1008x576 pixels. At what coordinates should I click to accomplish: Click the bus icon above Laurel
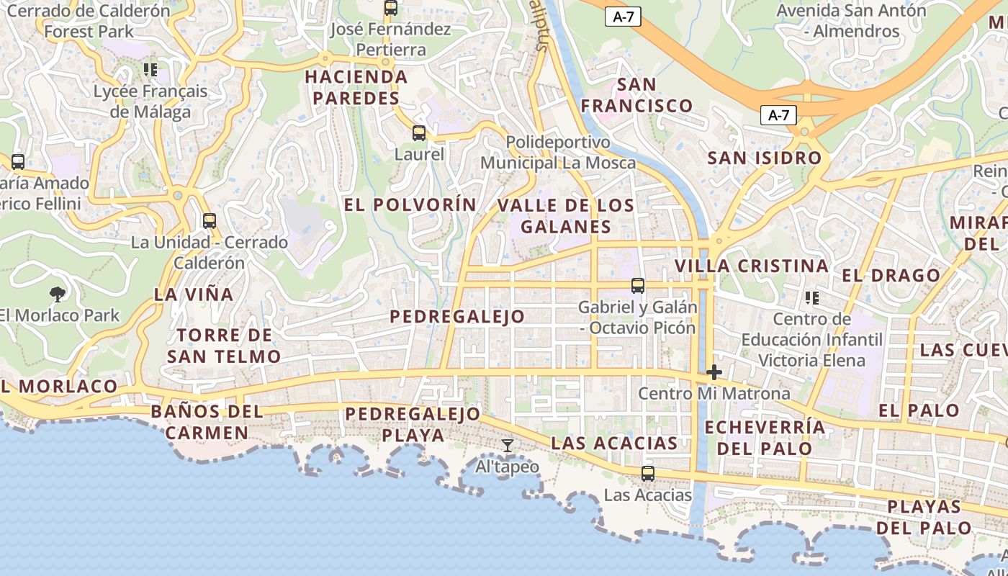[419, 133]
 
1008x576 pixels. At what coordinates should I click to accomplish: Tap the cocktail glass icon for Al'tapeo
[508, 446]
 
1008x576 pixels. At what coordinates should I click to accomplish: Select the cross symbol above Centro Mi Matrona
[714, 372]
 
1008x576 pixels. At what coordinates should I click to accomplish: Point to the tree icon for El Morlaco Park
[58, 294]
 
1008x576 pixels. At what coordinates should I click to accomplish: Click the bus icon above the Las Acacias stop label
[648, 473]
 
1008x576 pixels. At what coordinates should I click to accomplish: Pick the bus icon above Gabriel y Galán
[638, 286]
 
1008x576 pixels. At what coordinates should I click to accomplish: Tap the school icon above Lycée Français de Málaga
[150, 70]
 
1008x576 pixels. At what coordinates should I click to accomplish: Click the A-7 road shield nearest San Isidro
[778, 114]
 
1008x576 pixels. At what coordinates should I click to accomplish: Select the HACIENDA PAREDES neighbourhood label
[356, 87]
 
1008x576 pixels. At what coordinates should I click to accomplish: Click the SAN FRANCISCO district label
[636, 95]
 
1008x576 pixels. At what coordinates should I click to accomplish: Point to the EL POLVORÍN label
[410, 204]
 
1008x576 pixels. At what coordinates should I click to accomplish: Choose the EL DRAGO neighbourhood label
[891, 275]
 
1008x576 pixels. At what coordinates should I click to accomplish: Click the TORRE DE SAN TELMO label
[224, 346]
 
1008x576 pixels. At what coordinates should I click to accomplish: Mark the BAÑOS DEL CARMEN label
[207, 422]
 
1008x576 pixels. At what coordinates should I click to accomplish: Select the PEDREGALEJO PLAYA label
[413, 424]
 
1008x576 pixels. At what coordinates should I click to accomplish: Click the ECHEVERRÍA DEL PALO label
[765, 437]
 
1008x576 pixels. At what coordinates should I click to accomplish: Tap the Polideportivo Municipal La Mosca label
[558, 153]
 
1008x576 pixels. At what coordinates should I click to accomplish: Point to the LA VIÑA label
[194, 294]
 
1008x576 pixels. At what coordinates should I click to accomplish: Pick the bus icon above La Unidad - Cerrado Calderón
[210, 221]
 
